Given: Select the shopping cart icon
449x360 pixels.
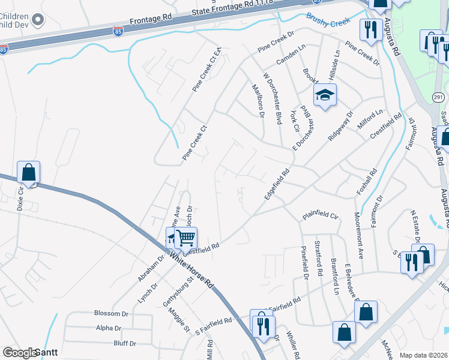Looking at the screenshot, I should tap(186, 238).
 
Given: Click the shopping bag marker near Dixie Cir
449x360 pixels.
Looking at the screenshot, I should tap(28, 172).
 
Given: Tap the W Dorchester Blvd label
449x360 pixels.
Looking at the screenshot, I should tap(272, 98).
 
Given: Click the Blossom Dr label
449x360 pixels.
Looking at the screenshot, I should tap(112, 313).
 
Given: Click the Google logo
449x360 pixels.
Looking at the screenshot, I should tap(20, 353).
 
